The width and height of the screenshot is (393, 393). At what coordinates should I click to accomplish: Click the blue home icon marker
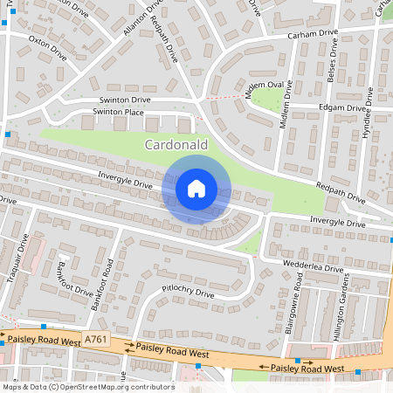tap(196, 188)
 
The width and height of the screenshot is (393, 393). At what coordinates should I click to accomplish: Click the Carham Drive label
tap(313, 36)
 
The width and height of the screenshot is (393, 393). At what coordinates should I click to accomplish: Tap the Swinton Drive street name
tap(125, 100)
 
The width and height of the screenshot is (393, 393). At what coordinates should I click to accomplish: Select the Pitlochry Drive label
tap(188, 294)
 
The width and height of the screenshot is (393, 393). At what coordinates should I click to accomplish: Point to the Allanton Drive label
tap(143, 17)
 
